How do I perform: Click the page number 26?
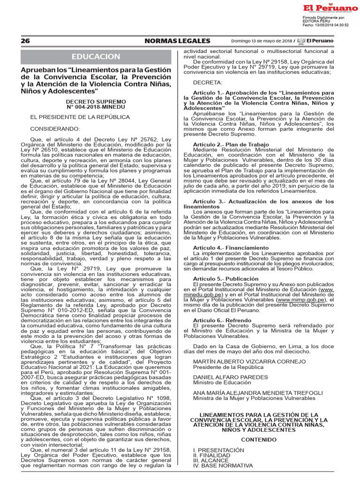pos(25,41)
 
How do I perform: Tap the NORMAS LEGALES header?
pos(177,41)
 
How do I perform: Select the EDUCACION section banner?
pos(96,57)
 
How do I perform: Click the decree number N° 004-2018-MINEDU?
pos(96,107)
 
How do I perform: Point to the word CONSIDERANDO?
pos(55,128)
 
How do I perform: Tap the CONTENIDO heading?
pos(259,440)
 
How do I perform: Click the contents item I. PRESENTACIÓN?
pos(218,450)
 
